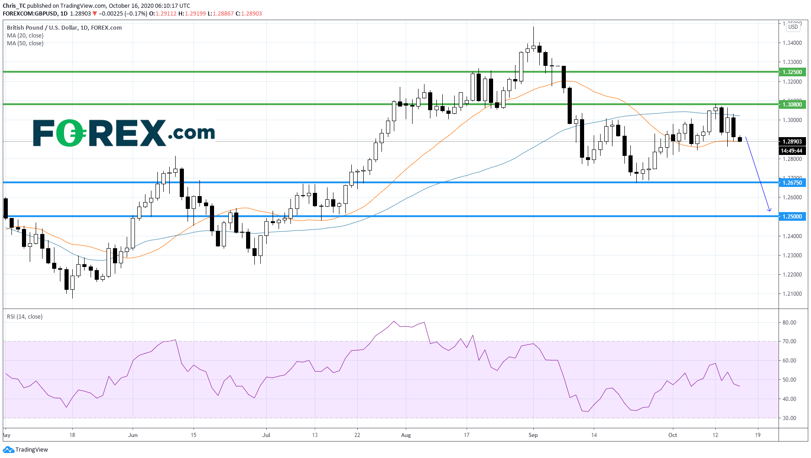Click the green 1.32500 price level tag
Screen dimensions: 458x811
pyautogui.click(x=792, y=72)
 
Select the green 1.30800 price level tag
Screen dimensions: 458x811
pyautogui.click(x=792, y=105)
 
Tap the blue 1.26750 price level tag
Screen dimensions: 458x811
pyautogui.click(x=792, y=183)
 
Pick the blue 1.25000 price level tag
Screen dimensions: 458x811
pyautogui.click(x=792, y=217)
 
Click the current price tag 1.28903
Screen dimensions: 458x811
pyautogui.click(x=792, y=142)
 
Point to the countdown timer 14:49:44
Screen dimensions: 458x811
pyautogui.click(x=792, y=151)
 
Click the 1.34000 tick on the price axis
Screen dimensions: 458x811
pyautogui.click(x=792, y=43)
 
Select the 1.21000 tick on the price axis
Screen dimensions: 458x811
pyautogui.click(x=792, y=294)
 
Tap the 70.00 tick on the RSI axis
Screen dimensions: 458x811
pyautogui.click(x=789, y=341)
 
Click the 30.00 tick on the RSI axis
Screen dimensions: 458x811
pyautogui.click(x=789, y=418)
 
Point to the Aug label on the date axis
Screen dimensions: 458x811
pyautogui.click(x=406, y=435)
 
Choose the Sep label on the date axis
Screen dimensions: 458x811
pyautogui.click(x=533, y=435)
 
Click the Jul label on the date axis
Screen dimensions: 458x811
pyautogui.click(x=266, y=435)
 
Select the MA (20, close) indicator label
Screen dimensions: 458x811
pyautogui.click(x=25, y=36)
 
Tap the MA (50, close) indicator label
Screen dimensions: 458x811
pyautogui.click(x=25, y=43)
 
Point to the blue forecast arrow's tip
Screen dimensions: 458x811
pyautogui.click(x=770, y=211)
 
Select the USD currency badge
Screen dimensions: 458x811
pyautogui.click(x=793, y=27)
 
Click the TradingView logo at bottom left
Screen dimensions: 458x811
pyautogui.click(x=26, y=450)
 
